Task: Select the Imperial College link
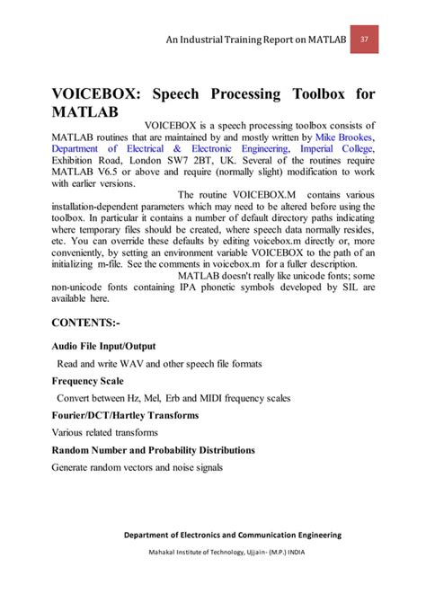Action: (334, 148)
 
